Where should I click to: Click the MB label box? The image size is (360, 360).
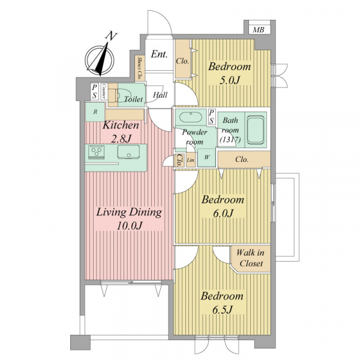pyautogui.click(x=259, y=29)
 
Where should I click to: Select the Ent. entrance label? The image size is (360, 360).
pyautogui.click(x=159, y=54)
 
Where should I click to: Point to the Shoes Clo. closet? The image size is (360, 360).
pyautogui.click(x=140, y=68)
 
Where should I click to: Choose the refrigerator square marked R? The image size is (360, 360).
pyautogui.click(x=95, y=112)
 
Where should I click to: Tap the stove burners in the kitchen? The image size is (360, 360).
pyautogui.click(x=97, y=152)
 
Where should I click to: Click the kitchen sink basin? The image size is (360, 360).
pyautogui.click(x=128, y=152)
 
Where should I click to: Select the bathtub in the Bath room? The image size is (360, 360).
pyautogui.click(x=256, y=130)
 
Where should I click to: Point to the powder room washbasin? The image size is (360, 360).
pyautogui.click(x=191, y=118)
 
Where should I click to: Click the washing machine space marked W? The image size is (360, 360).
pyautogui.click(x=206, y=157)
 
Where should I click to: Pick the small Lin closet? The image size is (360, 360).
pyautogui.click(x=191, y=160)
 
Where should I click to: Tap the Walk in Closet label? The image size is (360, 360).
pyautogui.click(x=251, y=258)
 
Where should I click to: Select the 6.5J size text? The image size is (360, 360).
pyautogui.click(x=222, y=310)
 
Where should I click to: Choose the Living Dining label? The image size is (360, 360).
pyautogui.click(x=129, y=212)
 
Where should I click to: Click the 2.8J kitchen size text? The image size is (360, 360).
pyautogui.click(x=121, y=139)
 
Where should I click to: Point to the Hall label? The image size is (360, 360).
pyautogui.click(x=160, y=95)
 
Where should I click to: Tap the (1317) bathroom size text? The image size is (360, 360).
pyautogui.click(x=230, y=140)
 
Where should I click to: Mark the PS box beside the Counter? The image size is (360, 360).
pyautogui.click(x=94, y=91)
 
